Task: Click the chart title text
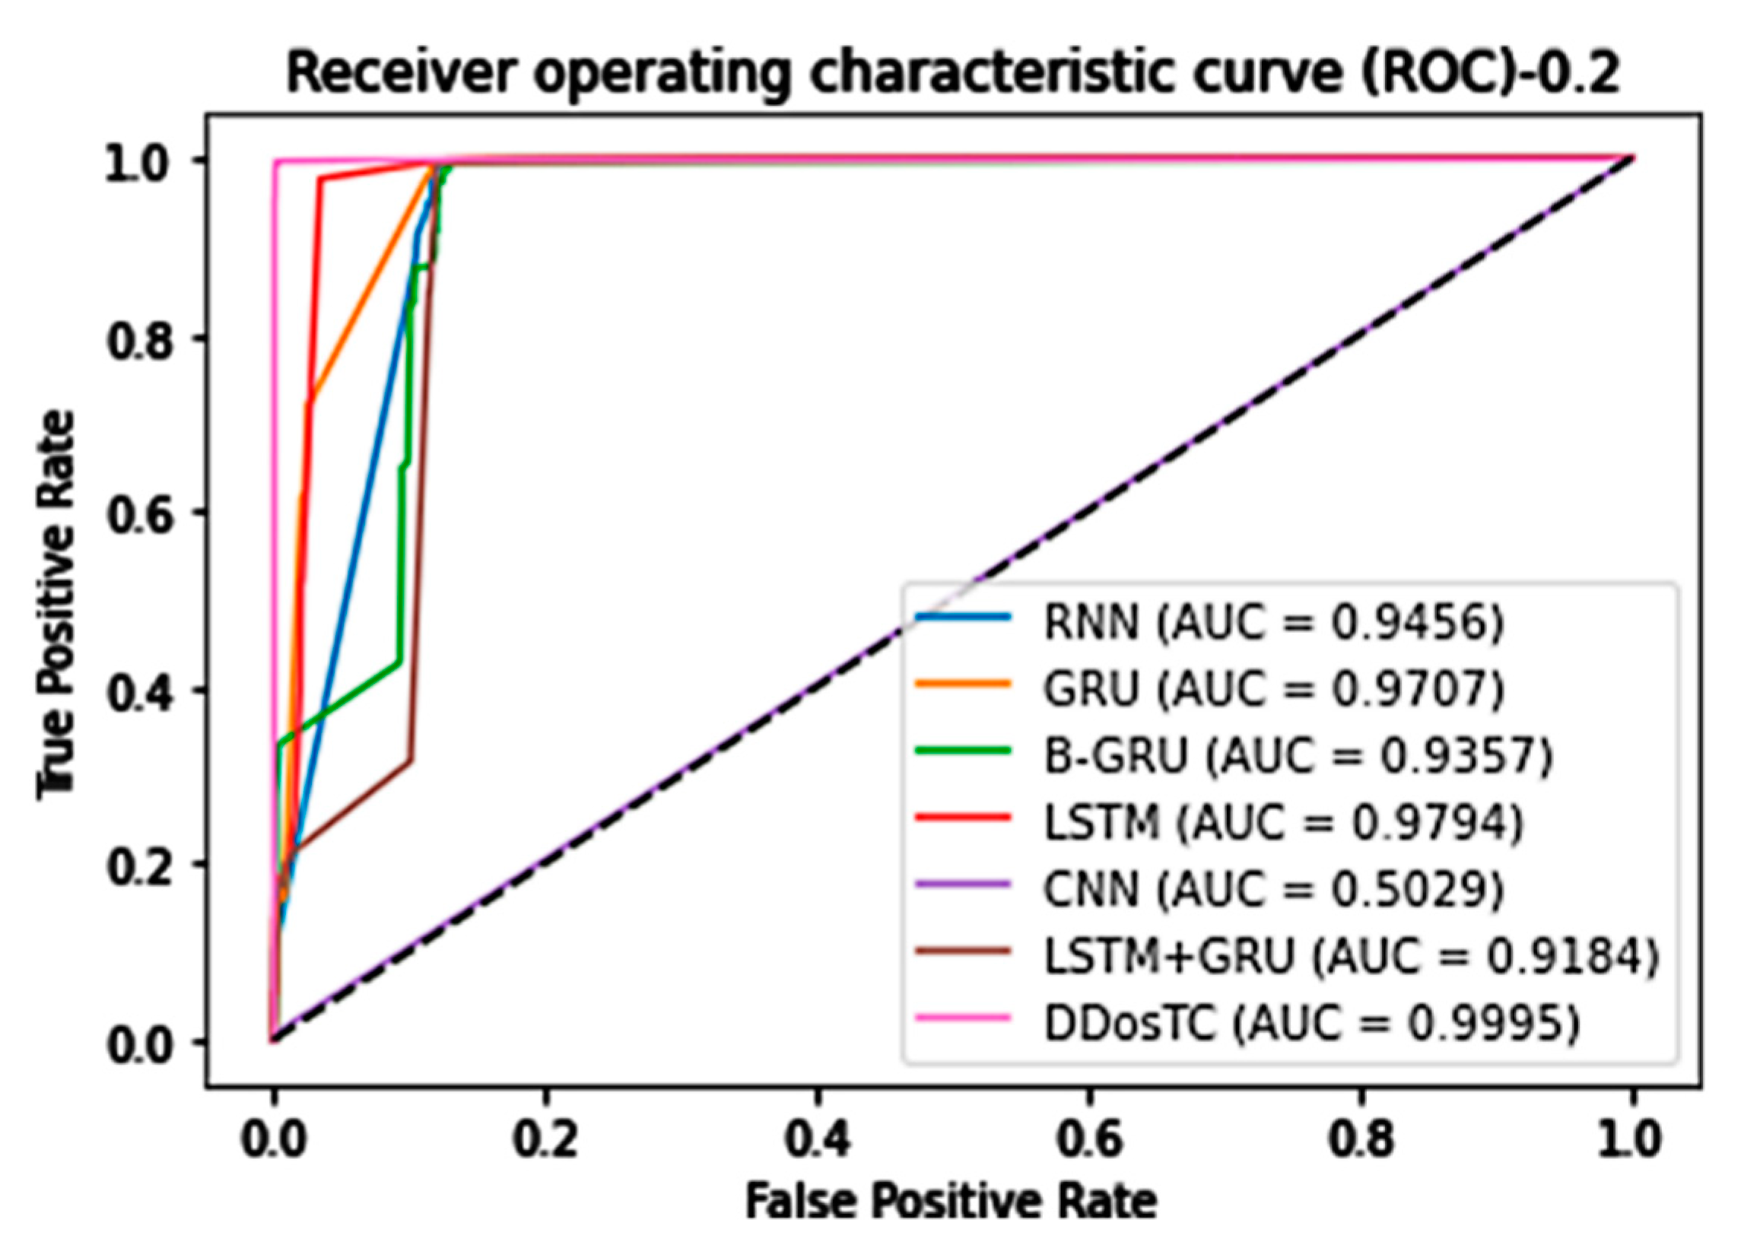(952, 75)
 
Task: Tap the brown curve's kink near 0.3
(411, 761)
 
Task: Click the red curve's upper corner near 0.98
(320, 179)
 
